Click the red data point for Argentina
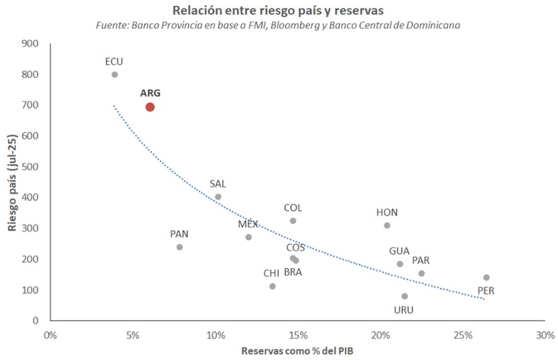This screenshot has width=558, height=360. pos(150,107)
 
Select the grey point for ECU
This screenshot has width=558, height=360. pos(115,75)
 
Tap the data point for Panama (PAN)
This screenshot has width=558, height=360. pos(180,247)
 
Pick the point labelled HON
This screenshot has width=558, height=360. pos(387,225)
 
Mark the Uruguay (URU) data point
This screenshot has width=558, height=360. pos(404,297)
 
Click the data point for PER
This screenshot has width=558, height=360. pos(486,277)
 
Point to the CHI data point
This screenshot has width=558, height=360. pos(272,286)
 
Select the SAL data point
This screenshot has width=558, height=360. pos(218,196)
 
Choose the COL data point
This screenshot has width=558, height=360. pos(293,221)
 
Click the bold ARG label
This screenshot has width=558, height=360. pos(151,92)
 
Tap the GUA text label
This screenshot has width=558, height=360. pos(399,251)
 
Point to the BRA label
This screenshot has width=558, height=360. pos(293,272)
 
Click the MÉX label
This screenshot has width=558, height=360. pos(248,224)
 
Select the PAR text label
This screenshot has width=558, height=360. pos(421,260)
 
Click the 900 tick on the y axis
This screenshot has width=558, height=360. pos(31,44)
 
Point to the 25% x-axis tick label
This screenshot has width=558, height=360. pos(462,336)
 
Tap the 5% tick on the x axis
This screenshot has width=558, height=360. pos(133,336)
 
